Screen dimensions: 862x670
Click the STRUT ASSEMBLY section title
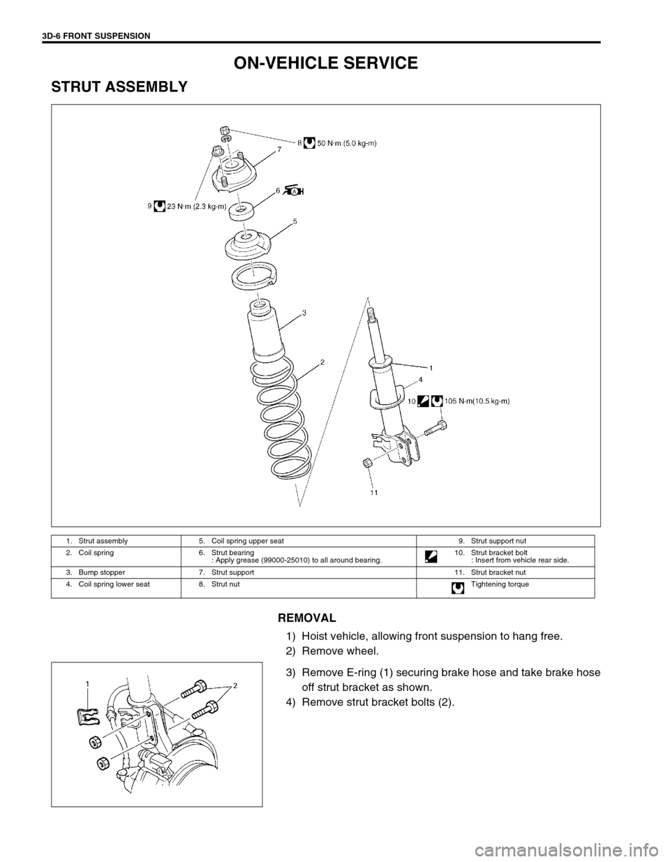119,87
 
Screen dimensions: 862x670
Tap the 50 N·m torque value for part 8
348,144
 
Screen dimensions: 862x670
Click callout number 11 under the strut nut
374,491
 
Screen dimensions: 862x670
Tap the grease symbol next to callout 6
294,191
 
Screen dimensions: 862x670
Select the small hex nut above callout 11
368,462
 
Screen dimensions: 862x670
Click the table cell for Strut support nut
499,540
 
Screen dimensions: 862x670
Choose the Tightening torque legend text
500,584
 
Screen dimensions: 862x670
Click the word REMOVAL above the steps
307,618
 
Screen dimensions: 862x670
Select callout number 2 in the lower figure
235,685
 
